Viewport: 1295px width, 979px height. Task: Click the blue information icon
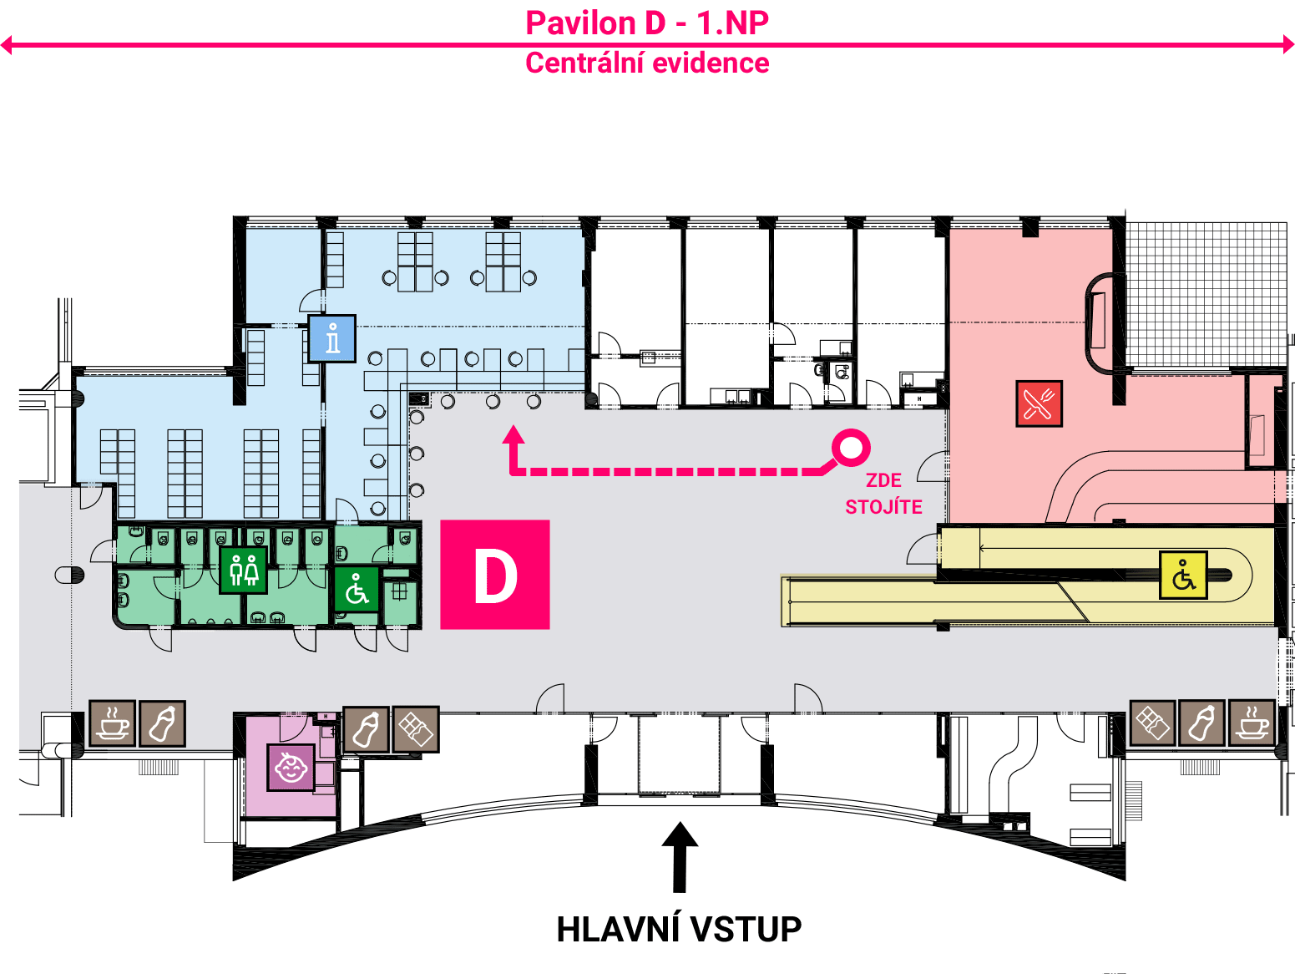tap(332, 338)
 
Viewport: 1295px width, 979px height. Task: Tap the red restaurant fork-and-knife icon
tap(1039, 403)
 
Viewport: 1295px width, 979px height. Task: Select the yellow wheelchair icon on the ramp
tap(1183, 575)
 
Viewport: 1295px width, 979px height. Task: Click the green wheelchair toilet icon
tap(357, 590)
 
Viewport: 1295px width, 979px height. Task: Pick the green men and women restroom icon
tap(243, 570)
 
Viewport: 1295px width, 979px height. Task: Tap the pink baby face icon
tap(291, 767)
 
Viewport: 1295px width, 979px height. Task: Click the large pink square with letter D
tap(495, 574)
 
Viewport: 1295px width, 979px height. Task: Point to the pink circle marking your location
tap(851, 447)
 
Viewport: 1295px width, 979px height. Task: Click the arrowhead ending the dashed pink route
tap(513, 434)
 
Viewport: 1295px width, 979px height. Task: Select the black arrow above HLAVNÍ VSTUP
tap(680, 857)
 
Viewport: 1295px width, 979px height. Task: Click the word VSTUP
tap(746, 930)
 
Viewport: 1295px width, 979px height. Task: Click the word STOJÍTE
tap(883, 506)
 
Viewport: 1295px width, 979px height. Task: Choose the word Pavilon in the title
tap(580, 23)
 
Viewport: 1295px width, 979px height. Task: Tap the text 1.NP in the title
tap(733, 23)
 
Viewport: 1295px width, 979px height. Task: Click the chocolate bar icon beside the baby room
tap(416, 729)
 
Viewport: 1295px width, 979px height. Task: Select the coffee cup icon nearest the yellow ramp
tap(1252, 723)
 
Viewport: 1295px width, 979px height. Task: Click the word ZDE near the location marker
tap(883, 480)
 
